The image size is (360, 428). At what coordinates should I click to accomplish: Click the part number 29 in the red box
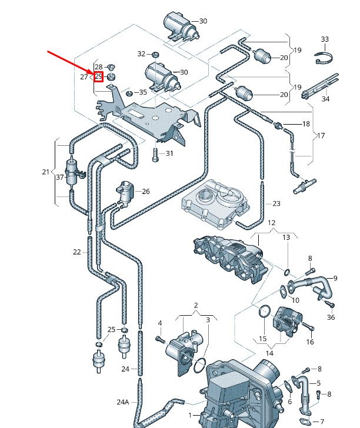[98, 77]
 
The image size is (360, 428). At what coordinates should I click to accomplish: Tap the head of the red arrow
[92, 74]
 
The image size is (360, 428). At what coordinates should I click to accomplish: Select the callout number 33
[325, 39]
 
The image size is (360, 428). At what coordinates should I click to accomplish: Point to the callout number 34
[325, 99]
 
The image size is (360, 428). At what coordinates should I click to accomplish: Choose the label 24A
[122, 402]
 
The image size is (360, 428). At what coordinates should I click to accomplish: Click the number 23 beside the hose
[276, 203]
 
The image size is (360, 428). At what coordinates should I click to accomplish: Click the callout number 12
[271, 223]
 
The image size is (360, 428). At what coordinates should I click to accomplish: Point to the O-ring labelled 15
[265, 311]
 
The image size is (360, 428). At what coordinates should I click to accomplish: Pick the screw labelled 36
[331, 304]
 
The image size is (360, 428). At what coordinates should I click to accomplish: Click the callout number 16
[310, 342]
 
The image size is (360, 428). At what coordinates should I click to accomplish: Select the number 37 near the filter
[59, 178]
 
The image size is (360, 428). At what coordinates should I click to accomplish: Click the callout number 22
[76, 252]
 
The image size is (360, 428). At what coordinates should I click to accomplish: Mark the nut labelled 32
[155, 55]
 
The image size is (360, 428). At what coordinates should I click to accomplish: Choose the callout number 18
[306, 124]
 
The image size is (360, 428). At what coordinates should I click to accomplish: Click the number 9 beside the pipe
[335, 278]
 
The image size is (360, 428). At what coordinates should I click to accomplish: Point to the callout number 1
[190, 415]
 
